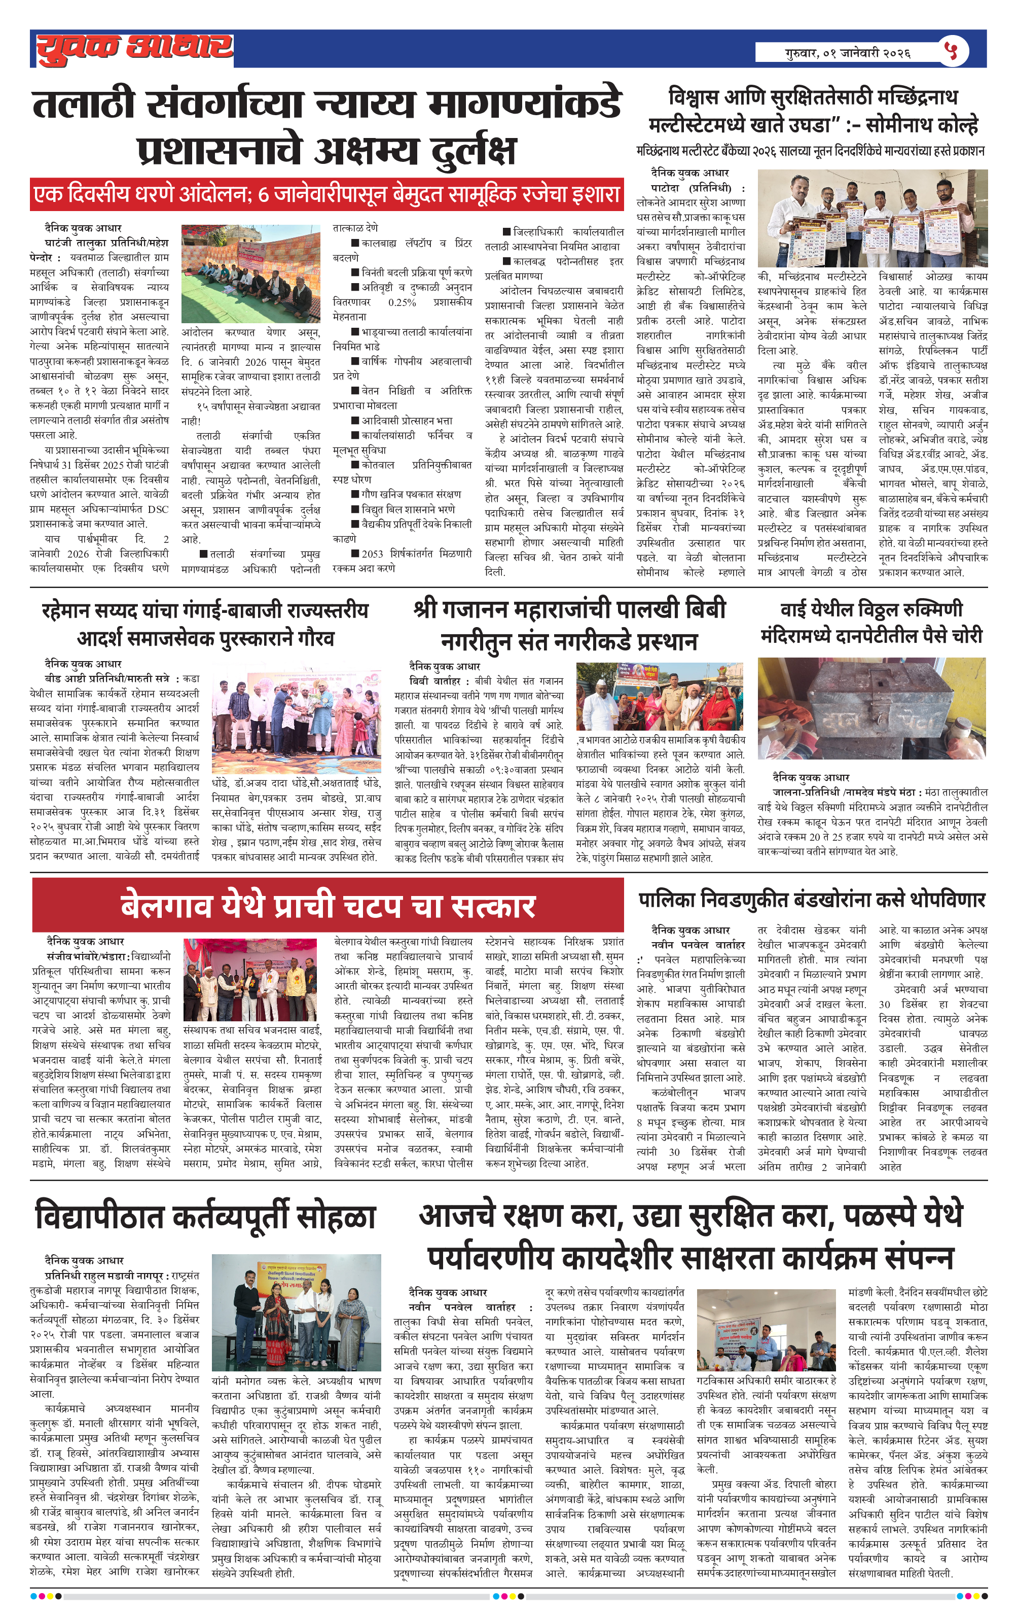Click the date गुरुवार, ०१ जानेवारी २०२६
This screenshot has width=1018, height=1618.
pyautogui.click(x=848, y=52)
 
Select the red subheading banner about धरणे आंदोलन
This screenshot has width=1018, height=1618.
pyautogui.click(x=326, y=195)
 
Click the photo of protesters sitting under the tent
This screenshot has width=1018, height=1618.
pyautogui.click(x=250, y=274)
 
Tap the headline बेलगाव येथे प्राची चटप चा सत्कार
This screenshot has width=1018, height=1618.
pyautogui.click(x=328, y=906)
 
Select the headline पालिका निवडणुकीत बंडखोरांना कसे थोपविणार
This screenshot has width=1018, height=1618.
pyautogui.click(x=811, y=899)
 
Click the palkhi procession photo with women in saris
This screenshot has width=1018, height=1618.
pyautogui.click(x=660, y=697)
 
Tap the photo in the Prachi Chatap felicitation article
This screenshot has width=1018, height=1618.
pyautogui.click(x=250, y=979)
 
